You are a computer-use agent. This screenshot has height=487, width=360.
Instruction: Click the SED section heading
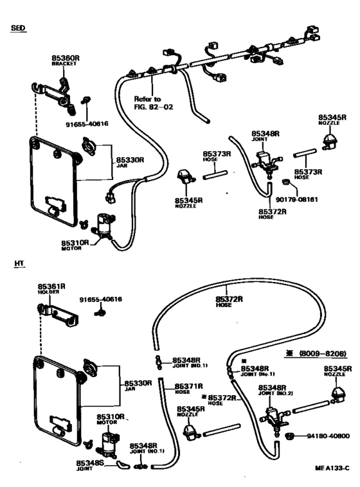[18, 29]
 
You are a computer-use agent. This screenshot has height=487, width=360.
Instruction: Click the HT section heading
[17, 264]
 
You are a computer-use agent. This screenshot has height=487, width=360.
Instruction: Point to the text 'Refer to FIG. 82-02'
[149, 103]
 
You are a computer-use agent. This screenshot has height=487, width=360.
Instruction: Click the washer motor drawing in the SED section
[102, 226]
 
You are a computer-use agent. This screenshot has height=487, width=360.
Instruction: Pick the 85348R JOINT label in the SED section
[265, 136]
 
